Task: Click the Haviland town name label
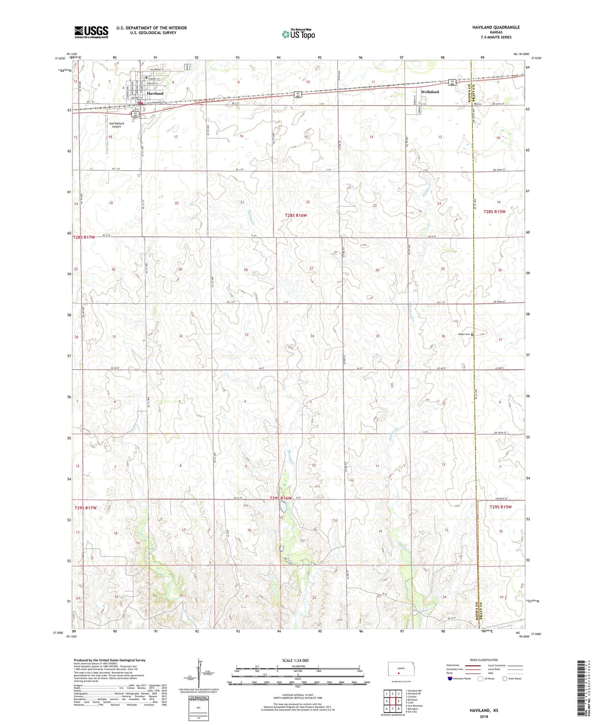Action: tap(155, 93)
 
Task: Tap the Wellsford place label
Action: tap(430, 92)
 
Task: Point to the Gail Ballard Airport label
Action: tap(116, 125)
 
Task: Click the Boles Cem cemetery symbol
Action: tap(472, 334)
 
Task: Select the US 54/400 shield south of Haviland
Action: tap(135, 113)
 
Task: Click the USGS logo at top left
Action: tap(91, 32)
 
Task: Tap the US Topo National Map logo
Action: tap(298, 34)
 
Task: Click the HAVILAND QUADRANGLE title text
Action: tap(496, 27)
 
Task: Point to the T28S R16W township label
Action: tap(296, 215)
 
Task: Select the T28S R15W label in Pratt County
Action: tap(495, 212)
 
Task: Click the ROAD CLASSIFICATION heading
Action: tap(484, 660)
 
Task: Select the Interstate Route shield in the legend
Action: tap(451, 678)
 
